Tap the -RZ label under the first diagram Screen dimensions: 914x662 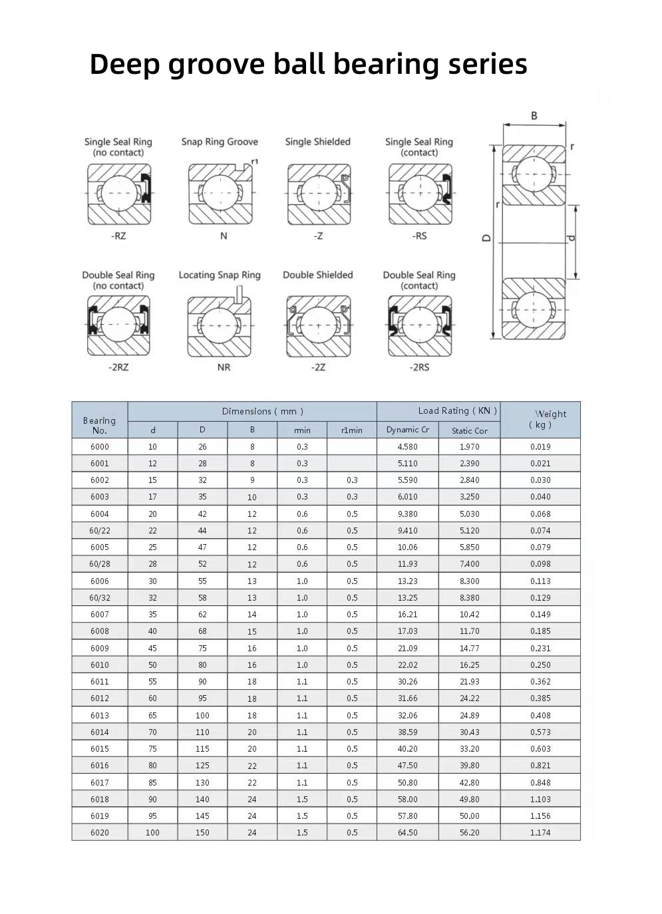[x=118, y=235]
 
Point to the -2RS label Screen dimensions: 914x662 [x=419, y=367]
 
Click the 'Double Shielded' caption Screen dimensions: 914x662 [x=317, y=275]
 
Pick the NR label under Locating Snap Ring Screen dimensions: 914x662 [x=224, y=367]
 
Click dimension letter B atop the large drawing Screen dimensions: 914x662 [x=534, y=116]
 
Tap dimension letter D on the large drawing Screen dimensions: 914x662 [x=486, y=237]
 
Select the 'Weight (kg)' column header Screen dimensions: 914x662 [x=540, y=419]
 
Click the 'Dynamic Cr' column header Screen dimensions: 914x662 [x=407, y=430]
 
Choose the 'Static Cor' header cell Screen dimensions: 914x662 [x=469, y=430]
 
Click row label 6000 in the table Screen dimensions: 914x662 [x=100, y=447]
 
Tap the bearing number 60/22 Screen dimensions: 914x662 [x=100, y=531]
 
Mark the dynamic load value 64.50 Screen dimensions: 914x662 [x=407, y=833]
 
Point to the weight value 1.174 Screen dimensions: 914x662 [x=540, y=833]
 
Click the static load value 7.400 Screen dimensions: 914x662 [x=469, y=564]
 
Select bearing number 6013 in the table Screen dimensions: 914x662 [x=100, y=716]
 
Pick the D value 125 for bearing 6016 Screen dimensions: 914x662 [x=202, y=766]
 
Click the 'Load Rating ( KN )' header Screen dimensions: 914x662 [x=458, y=410]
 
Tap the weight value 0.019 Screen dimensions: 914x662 [x=540, y=447]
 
